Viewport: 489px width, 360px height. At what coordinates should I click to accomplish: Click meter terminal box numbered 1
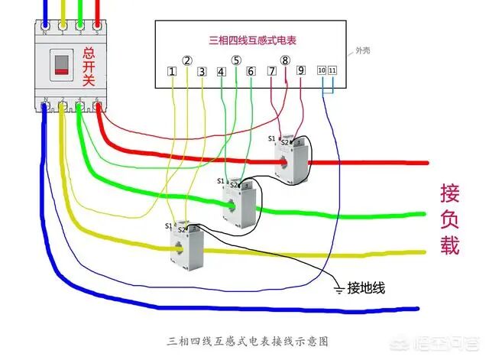pos(173,72)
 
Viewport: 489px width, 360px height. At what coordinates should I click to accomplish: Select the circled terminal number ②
pos(187,60)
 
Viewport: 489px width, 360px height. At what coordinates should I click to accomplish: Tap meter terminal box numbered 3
pos(202,72)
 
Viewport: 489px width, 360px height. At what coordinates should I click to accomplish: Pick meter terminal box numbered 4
pos(221,72)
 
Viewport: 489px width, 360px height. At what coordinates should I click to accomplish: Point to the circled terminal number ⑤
pos(236,60)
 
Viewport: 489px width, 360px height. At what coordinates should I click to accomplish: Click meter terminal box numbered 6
pos(250,72)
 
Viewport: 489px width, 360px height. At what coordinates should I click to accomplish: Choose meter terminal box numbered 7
pos(272,71)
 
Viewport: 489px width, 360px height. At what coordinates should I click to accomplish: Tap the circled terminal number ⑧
pos(285,60)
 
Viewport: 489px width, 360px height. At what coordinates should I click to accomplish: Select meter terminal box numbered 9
pos(300,71)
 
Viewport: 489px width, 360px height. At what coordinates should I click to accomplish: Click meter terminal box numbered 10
pos(322,70)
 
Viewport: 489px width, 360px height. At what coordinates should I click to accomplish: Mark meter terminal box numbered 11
pos(332,70)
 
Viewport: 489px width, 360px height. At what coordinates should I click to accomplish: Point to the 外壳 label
pos(366,51)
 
